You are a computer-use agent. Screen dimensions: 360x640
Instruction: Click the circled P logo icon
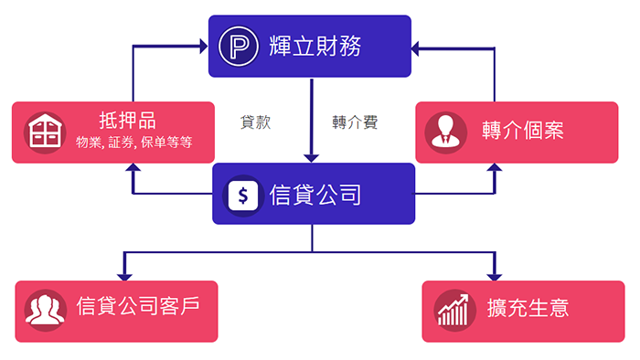pyautogui.click(x=242, y=46)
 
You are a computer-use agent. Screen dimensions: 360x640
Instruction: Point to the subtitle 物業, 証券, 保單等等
pyautogui.click(x=133, y=143)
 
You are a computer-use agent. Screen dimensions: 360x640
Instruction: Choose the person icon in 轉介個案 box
pyautogui.click(x=445, y=132)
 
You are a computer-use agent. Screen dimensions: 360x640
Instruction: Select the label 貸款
pyautogui.click(x=255, y=122)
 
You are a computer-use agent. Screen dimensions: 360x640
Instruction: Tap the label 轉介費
pyautogui.click(x=355, y=122)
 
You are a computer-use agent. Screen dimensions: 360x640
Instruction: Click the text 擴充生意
pyautogui.click(x=528, y=308)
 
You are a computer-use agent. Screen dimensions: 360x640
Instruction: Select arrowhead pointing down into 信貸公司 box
pyautogui.click(x=312, y=157)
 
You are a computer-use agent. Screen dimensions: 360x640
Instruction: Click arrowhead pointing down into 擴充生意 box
pyautogui.click(x=496, y=275)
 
